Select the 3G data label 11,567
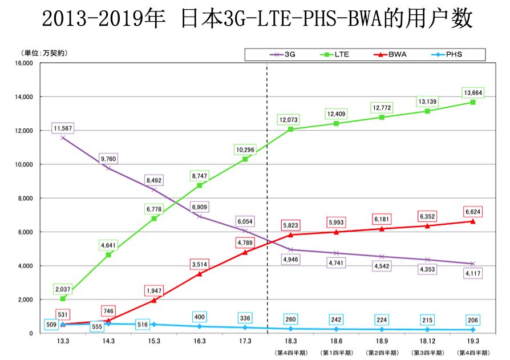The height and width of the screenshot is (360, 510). pos(62,128)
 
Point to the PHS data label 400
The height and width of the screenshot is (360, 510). pos(199,317)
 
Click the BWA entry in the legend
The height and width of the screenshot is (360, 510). pos(390,54)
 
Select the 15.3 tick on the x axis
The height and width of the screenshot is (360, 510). pos(153,341)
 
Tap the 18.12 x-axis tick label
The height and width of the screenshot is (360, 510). pos(427,341)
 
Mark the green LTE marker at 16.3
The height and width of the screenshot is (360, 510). pos(200,185)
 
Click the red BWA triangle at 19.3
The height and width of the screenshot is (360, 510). pos(473,221)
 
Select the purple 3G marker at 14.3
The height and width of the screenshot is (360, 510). pos(108,168)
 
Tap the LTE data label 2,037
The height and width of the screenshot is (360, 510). pos(62,288)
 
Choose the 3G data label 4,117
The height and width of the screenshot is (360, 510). pos(473,273)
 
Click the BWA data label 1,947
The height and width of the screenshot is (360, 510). pos(153,290)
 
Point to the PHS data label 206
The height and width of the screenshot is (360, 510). pos(473,319)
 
